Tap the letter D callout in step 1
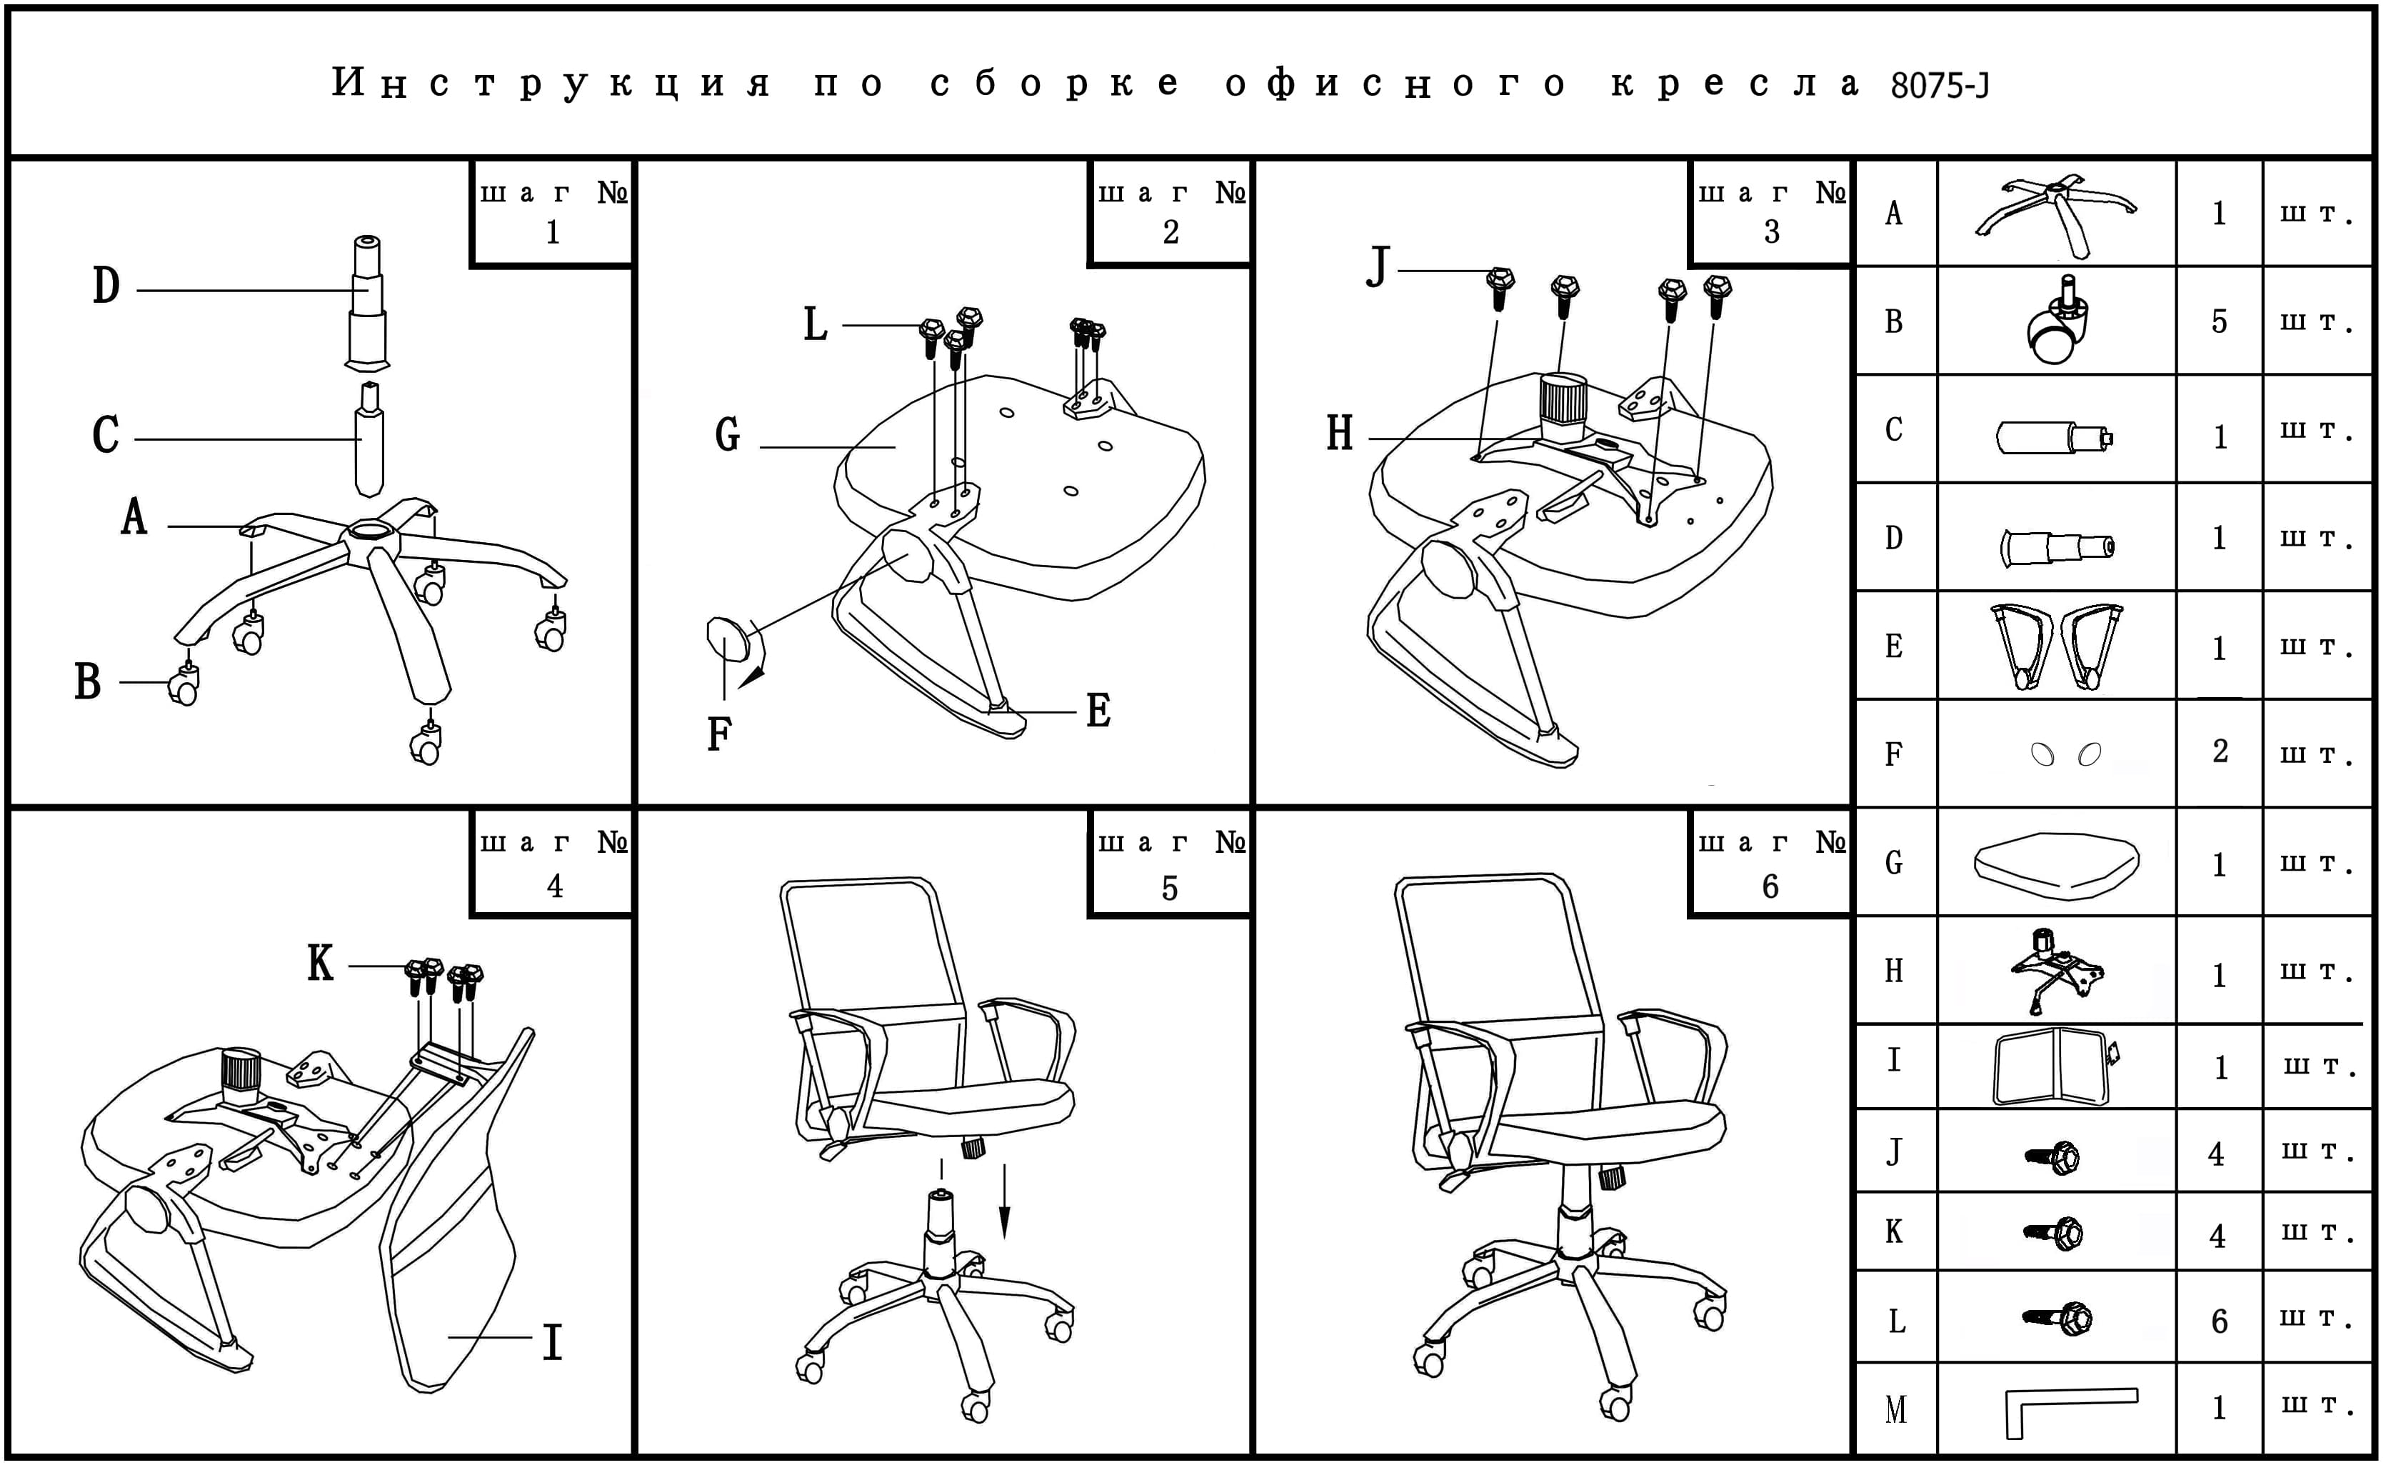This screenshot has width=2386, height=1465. click(x=106, y=287)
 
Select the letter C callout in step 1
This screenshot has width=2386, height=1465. click(x=106, y=435)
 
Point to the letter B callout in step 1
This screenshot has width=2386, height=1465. click(x=88, y=681)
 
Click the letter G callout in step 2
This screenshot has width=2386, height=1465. click(x=728, y=435)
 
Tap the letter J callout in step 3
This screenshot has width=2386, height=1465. click(x=1378, y=266)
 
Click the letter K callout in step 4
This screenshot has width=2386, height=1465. click(x=321, y=964)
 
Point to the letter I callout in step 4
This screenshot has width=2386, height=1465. click(x=552, y=1343)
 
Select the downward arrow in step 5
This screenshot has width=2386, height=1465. click(x=1005, y=1201)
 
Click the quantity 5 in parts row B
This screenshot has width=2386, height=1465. click(x=2218, y=321)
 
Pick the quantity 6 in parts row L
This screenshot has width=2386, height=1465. click(x=2218, y=1321)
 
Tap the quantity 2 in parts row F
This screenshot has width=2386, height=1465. click(x=2220, y=751)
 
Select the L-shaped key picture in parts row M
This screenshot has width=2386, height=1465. click(x=2062, y=1410)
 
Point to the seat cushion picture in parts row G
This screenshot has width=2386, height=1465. click(x=2055, y=862)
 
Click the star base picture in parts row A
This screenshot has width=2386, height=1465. click(x=2055, y=213)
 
